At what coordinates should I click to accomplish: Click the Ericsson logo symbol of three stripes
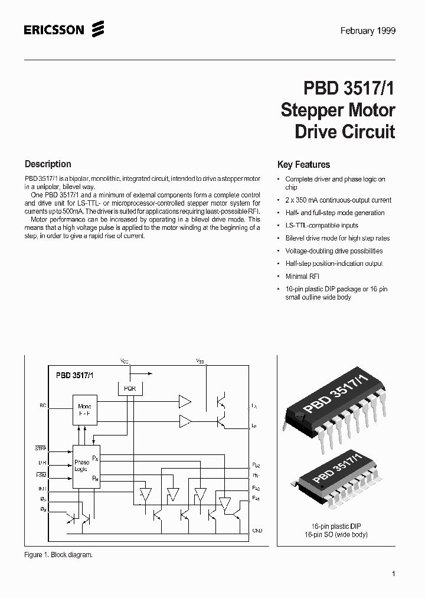(x=98, y=29)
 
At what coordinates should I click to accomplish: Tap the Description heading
(x=48, y=164)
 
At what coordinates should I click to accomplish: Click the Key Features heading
(x=303, y=165)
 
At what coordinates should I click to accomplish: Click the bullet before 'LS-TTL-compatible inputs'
(x=279, y=226)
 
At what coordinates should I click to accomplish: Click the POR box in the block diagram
(x=129, y=388)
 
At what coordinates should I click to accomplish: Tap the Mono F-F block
(x=84, y=410)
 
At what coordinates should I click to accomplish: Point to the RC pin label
(x=42, y=405)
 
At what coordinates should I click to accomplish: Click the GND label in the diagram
(x=257, y=531)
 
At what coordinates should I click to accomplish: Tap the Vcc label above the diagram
(x=124, y=360)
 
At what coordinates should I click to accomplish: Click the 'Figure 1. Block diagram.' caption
(x=58, y=555)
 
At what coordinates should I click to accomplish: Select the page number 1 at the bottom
(x=393, y=574)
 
